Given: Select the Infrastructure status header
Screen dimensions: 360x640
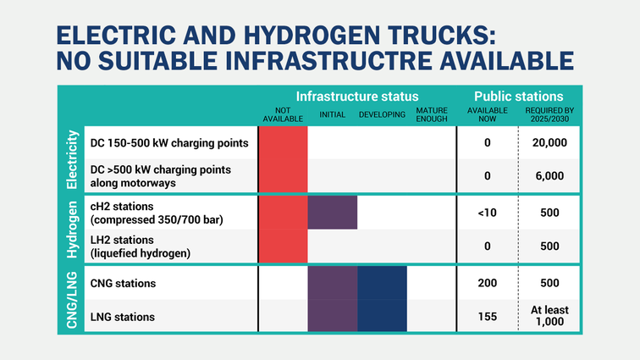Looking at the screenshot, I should click(x=357, y=97).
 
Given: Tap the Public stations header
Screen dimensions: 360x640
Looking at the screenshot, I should click(x=518, y=97).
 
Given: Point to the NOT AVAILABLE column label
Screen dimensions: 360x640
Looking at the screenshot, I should click(x=282, y=115).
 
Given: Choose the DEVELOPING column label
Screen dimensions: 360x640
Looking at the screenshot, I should click(x=382, y=114).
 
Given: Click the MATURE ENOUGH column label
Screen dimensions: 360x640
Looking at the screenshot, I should click(x=432, y=115).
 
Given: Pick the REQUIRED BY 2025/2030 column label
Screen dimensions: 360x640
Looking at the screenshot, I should click(x=550, y=115).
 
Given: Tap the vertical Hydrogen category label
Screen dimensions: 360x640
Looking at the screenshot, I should click(x=72, y=229).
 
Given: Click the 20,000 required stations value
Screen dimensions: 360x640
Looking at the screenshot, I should click(x=550, y=141).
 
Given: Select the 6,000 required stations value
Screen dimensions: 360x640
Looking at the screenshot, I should click(x=550, y=176).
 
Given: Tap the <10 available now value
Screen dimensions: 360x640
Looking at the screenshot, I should click(x=487, y=212).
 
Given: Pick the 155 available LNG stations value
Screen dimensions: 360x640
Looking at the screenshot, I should click(x=487, y=317).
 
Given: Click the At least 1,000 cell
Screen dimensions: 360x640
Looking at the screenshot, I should click(x=550, y=317).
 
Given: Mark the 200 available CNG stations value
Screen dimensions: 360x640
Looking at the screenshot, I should click(x=487, y=282).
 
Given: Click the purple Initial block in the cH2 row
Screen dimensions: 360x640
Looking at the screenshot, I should click(x=332, y=212).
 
